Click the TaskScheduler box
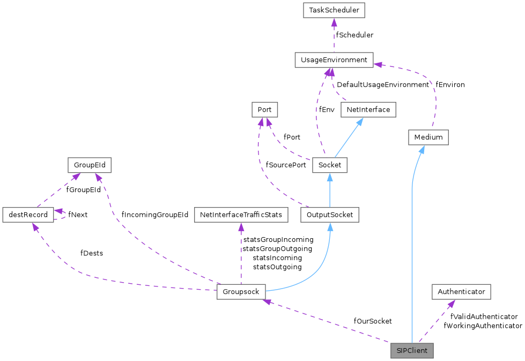click(334, 10)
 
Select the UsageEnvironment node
click(334, 60)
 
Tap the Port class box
click(264, 110)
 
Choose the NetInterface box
click(368, 110)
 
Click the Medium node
click(428, 137)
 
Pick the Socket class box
click(329, 165)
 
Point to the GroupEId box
click(89, 165)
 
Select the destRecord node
click(28, 215)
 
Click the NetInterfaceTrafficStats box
click(241, 215)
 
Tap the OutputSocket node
click(329, 215)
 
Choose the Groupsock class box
click(241, 292)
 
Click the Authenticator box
click(461, 292)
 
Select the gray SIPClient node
click(411, 351)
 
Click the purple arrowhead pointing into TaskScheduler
click(334, 22)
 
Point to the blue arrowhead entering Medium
click(422, 149)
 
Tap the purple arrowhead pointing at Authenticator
click(452, 304)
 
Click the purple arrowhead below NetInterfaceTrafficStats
click(241, 227)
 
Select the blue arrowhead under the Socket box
click(329, 177)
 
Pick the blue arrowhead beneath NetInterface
click(359, 122)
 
